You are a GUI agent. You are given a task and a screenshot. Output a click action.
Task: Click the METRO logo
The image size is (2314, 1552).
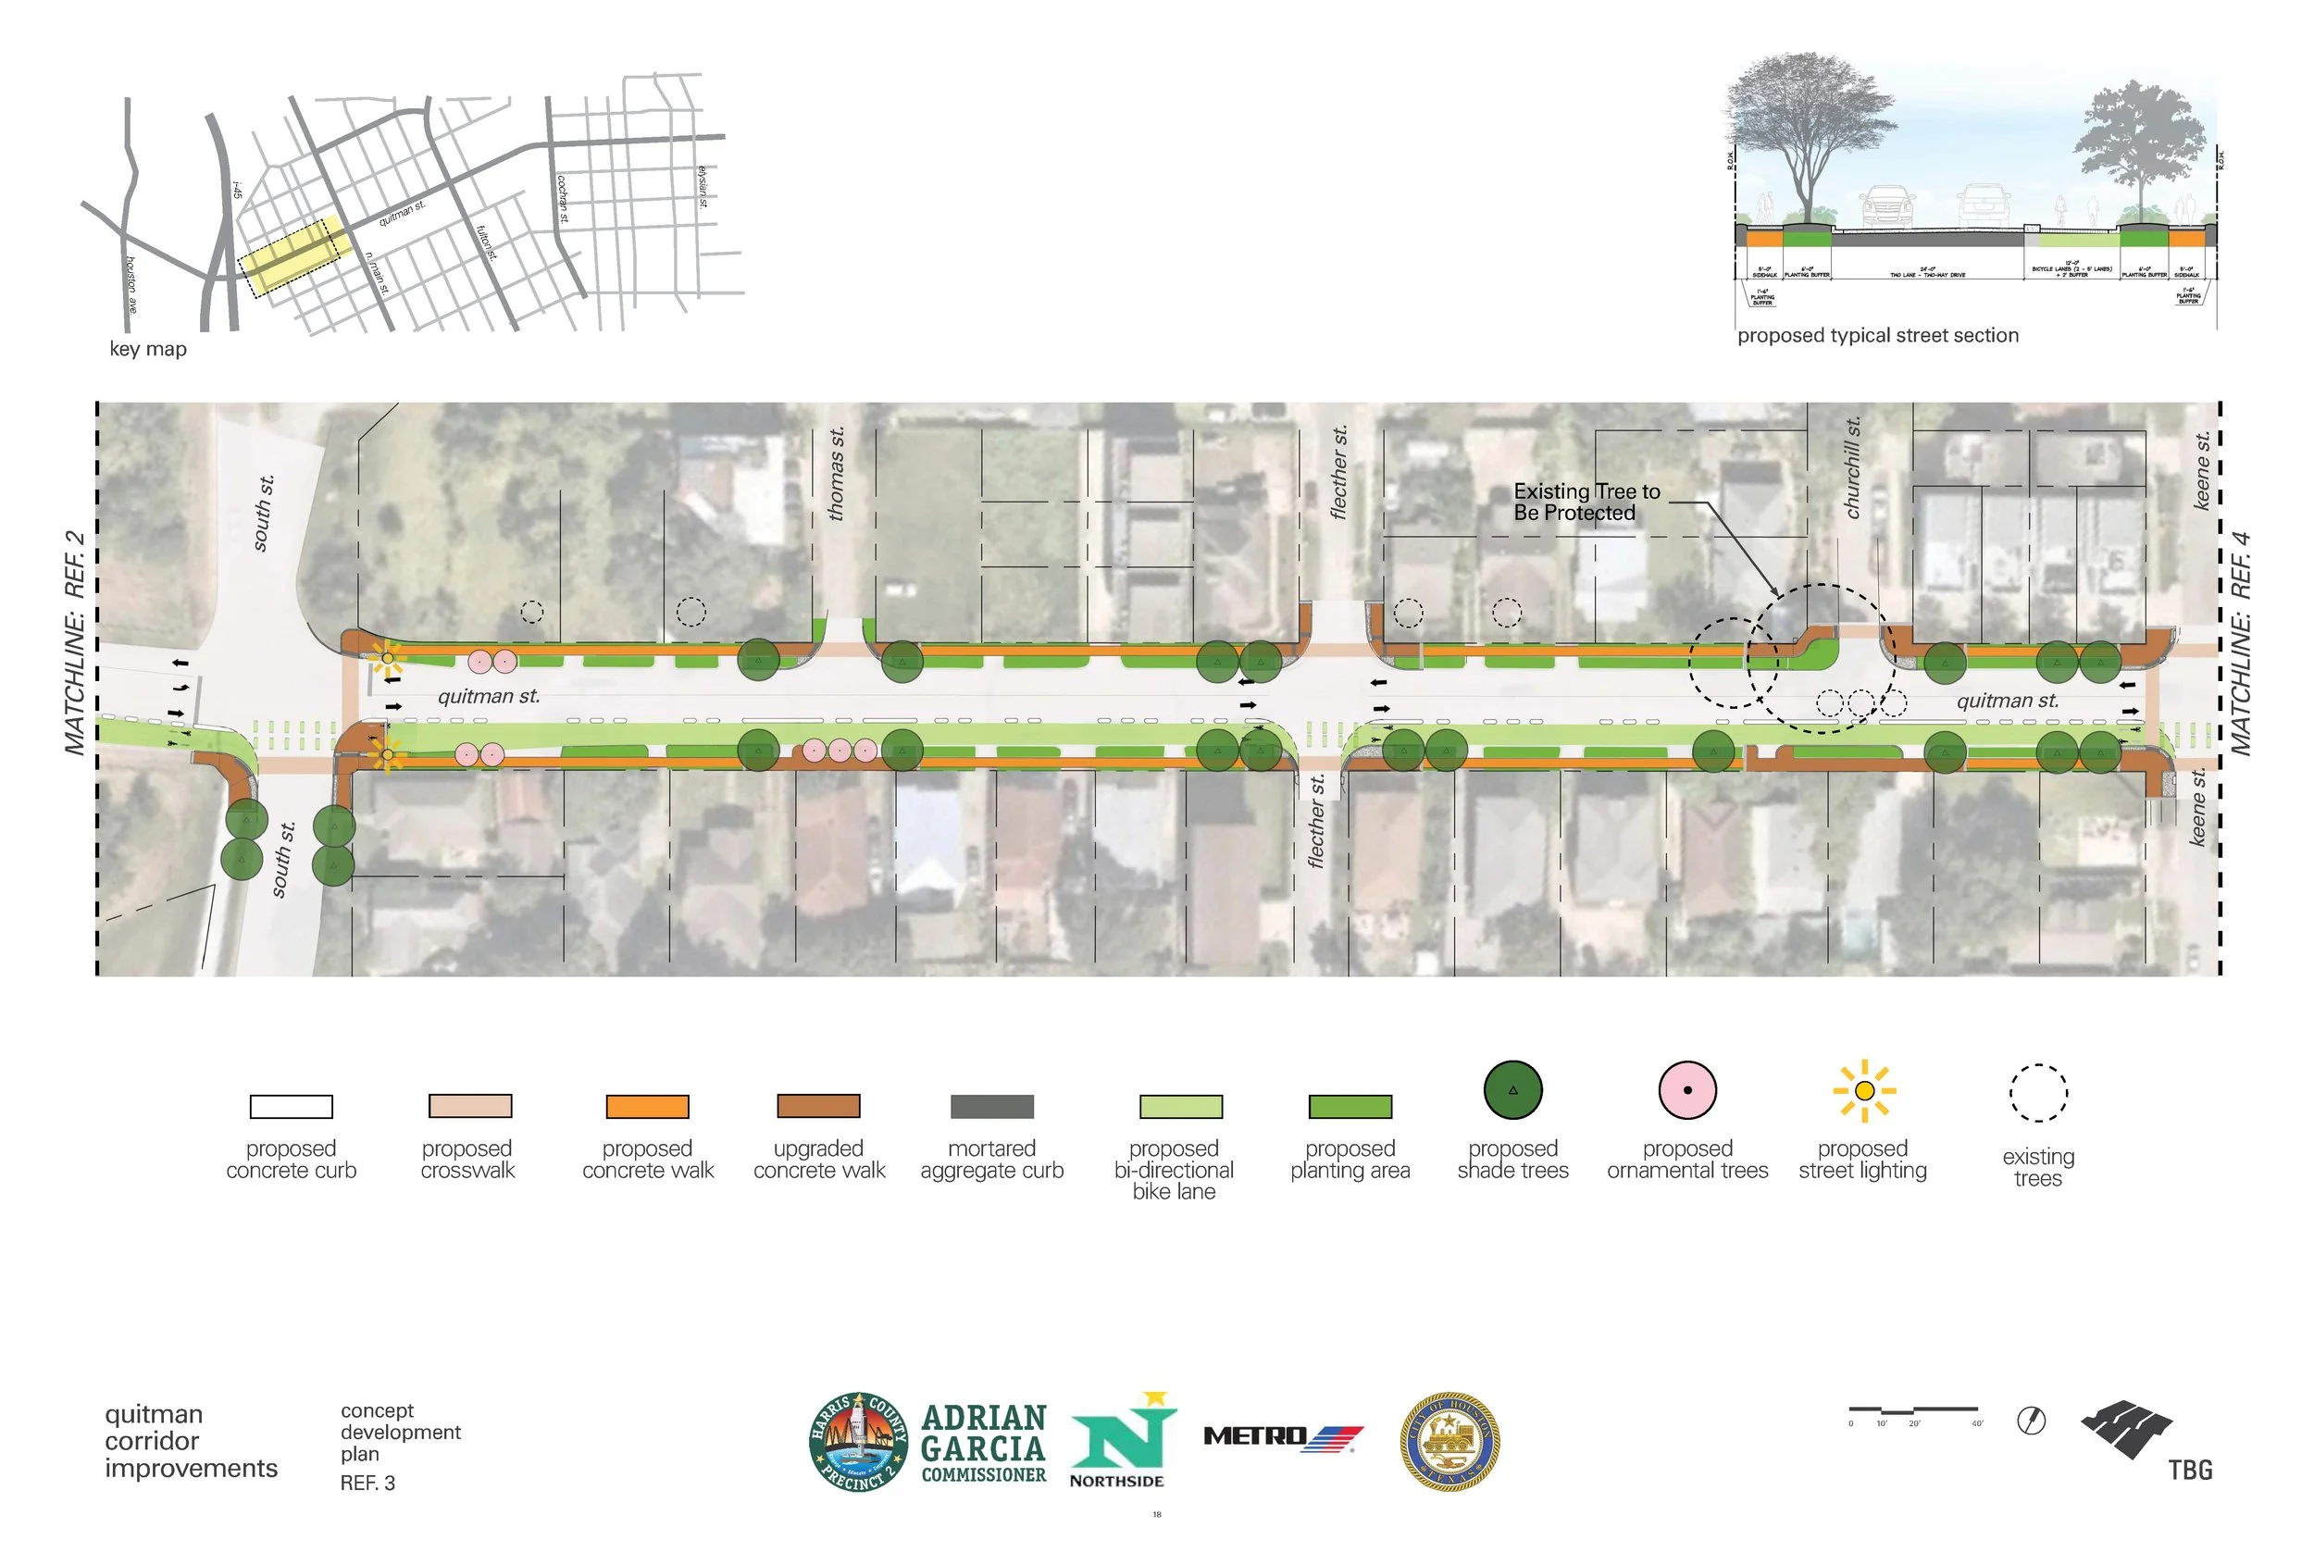(x=1283, y=1436)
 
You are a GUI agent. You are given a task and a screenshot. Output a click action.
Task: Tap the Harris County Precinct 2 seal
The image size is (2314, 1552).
(x=858, y=1441)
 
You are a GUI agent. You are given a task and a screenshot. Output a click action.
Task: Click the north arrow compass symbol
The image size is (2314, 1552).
(x=2031, y=1422)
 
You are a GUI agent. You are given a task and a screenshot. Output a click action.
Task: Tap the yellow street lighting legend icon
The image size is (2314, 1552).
(x=1863, y=1091)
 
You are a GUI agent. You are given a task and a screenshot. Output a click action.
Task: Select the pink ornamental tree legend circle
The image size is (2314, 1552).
(x=1687, y=1090)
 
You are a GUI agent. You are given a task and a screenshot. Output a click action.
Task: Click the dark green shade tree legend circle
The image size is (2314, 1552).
(x=1512, y=1090)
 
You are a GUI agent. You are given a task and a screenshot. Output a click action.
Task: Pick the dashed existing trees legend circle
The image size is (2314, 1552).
(x=2038, y=1093)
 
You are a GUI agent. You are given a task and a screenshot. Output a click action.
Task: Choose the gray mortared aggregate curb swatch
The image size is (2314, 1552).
(x=991, y=1106)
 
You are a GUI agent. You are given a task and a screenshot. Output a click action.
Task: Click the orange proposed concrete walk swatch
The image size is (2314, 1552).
(x=647, y=1106)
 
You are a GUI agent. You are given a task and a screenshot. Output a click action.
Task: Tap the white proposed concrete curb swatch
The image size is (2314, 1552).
(x=291, y=1106)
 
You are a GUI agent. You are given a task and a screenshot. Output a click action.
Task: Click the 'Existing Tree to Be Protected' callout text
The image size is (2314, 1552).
(x=1586, y=502)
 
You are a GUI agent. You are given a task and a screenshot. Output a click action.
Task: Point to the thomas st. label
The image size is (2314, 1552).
(x=837, y=473)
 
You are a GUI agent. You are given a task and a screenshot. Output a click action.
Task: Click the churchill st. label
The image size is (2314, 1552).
(x=1853, y=467)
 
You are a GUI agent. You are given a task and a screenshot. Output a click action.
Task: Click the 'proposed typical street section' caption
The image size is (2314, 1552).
(x=1877, y=336)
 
